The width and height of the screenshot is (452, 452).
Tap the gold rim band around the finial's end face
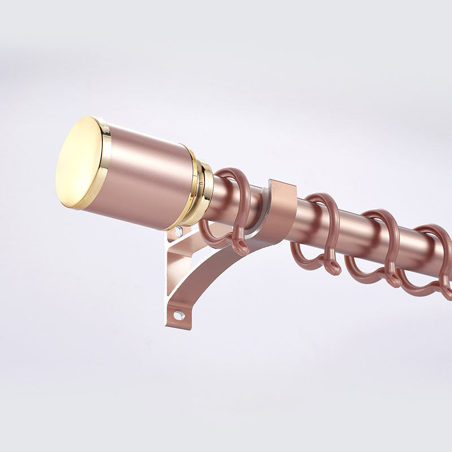[103, 164]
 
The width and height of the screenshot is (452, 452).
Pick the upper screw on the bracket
[179, 231]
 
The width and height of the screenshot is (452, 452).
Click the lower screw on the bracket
[178, 315]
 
